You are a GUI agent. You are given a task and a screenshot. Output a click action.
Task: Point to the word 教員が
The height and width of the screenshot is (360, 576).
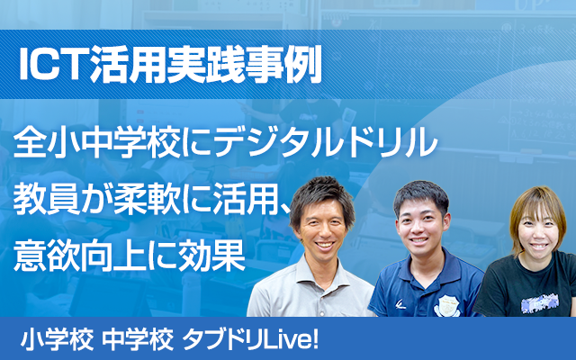(66, 199)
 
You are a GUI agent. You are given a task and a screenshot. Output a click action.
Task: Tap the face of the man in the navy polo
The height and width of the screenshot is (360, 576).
(422, 221)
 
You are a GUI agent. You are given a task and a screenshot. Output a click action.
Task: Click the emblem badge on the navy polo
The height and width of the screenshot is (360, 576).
(447, 303)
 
